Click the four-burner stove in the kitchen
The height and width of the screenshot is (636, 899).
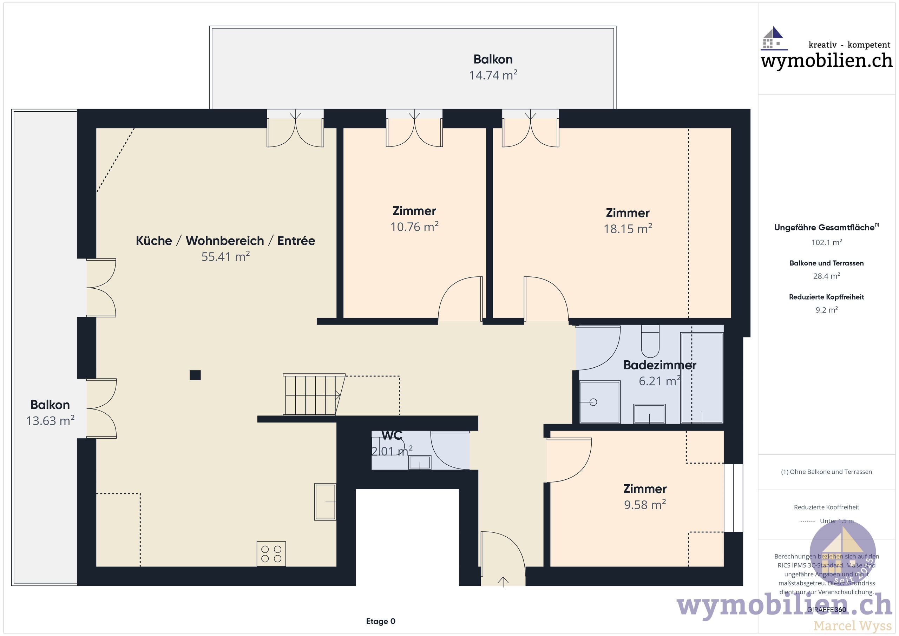coord(271,554)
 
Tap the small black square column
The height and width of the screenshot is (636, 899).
coord(195,375)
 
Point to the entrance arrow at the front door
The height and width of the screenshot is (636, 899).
coord(503,582)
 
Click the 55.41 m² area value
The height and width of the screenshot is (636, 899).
coord(225,256)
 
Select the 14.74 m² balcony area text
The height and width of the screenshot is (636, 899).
coord(493,75)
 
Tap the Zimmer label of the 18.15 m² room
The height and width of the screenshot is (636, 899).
coord(627,213)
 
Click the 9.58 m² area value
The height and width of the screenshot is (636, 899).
coord(644,505)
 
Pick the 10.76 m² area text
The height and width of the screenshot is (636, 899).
coord(414,227)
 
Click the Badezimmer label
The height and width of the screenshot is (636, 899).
coord(660,365)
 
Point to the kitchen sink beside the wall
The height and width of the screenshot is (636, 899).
coord(325,502)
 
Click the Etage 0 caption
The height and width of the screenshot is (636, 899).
coord(381,621)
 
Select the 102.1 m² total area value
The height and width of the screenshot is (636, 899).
coord(826,242)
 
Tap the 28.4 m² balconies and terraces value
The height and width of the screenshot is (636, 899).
coord(826,276)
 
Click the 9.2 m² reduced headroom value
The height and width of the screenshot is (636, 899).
coord(826,310)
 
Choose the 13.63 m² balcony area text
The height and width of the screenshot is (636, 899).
coord(50,421)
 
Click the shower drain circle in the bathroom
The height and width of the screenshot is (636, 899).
coord(593,402)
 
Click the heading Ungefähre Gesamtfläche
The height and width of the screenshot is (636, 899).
coord(824,228)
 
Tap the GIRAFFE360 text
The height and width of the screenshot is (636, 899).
coord(826,610)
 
